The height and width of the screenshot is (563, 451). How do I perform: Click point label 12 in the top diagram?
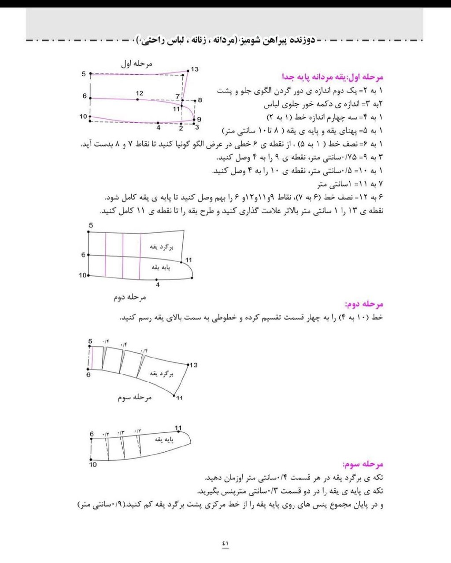(140, 93)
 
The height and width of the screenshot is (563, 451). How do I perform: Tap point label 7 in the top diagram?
(177, 96)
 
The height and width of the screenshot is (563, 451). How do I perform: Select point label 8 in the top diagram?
(200, 100)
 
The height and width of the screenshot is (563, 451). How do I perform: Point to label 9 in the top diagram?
(199, 119)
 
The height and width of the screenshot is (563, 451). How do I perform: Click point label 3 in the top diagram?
(197, 128)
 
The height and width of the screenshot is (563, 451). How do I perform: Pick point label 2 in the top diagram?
(181, 128)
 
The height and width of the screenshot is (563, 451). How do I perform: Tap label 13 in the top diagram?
(195, 69)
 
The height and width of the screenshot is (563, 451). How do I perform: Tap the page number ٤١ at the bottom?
(225, 544)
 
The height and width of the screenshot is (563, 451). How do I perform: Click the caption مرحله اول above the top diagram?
(137, 64)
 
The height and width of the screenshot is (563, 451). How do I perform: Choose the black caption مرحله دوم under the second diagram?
(130, 297)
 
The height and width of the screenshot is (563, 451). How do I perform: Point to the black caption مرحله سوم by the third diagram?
(134, 397)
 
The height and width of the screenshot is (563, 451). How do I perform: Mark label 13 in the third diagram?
(193, 365)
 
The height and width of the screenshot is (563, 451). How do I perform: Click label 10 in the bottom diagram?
(93, 464)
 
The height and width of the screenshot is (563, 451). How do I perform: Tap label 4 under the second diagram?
(158, 285)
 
